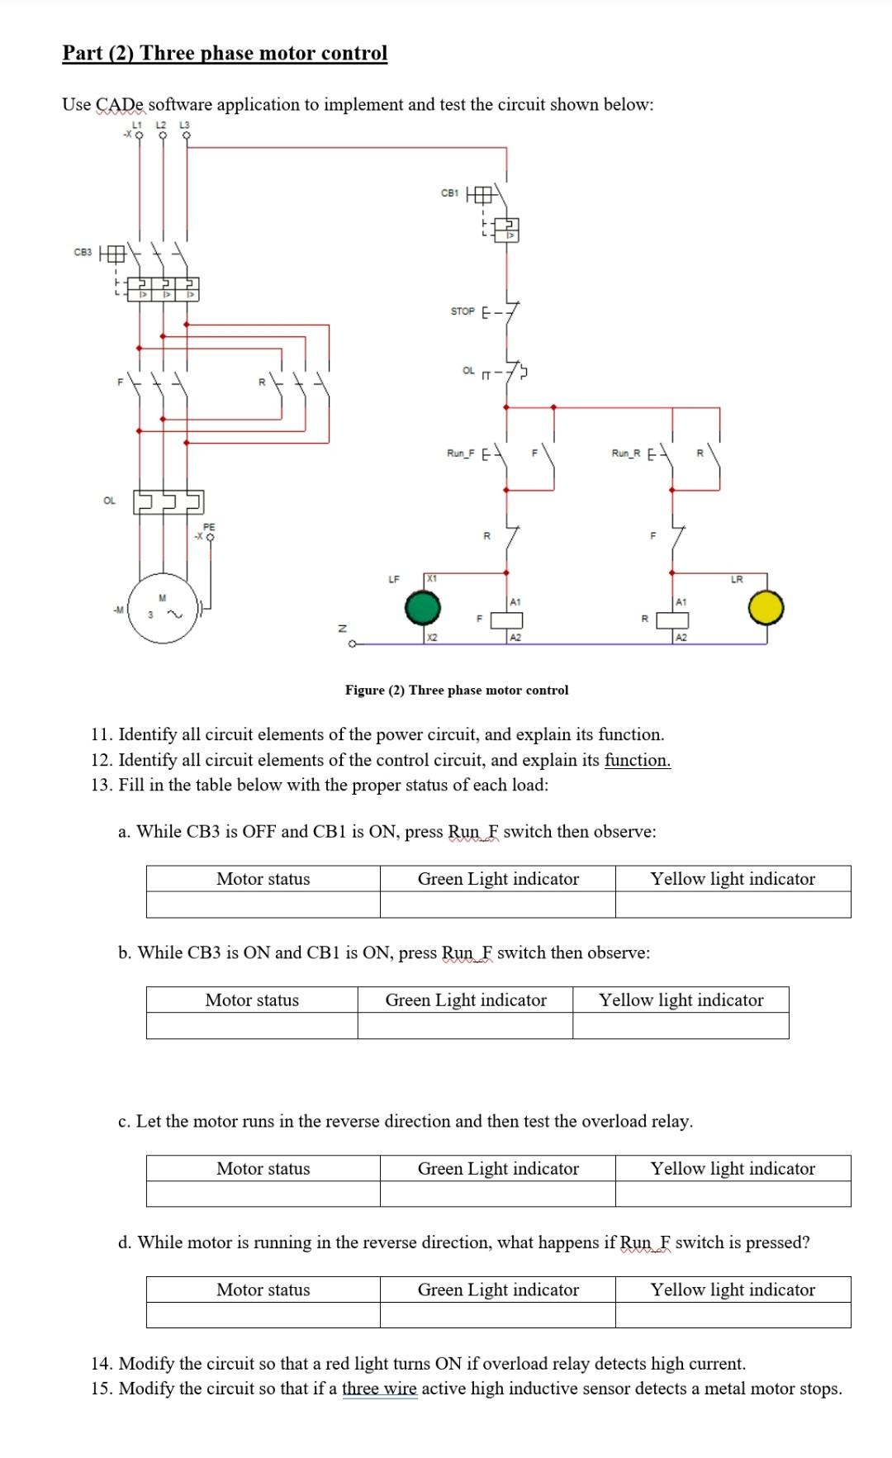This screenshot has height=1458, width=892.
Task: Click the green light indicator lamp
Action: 423,610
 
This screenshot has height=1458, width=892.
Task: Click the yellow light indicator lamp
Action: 766,608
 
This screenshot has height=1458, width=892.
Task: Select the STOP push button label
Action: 463,311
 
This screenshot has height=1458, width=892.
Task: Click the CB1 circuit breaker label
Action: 449,193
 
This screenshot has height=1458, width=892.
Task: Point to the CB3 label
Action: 83,252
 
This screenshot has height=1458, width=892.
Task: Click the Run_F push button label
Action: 460,453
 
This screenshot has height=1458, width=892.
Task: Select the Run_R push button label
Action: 625,453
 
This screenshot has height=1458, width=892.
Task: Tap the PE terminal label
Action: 209,526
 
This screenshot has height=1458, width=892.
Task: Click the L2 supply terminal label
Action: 163,124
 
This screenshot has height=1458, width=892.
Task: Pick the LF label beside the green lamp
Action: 394,580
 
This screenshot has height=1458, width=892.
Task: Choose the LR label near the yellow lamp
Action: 737,580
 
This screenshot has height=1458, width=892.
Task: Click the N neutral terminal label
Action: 339,629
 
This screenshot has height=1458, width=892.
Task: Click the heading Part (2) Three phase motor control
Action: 225,53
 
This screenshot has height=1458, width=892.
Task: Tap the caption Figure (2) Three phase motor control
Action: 457,690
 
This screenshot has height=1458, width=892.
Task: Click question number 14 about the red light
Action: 418,1363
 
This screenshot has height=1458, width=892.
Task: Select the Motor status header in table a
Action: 263,879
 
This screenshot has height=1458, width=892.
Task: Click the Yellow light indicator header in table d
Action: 732,1289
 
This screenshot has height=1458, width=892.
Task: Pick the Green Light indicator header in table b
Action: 466,1000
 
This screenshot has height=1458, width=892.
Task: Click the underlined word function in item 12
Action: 637,760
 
